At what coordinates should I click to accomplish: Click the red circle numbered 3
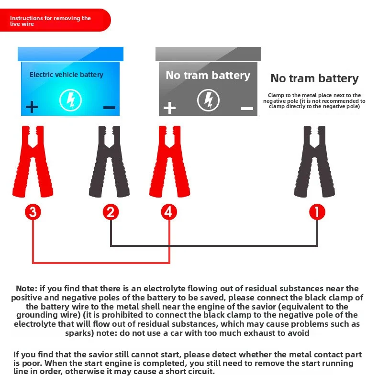33,212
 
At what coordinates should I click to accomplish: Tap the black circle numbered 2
111,212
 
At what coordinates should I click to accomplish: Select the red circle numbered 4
168,212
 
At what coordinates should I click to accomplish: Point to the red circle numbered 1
317,212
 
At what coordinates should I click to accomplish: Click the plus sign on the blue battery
32,106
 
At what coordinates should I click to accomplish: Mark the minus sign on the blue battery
109,107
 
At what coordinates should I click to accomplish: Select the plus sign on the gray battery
169,108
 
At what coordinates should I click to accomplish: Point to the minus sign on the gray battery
247,109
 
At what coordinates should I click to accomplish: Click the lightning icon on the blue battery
70,100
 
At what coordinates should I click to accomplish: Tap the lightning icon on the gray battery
208,100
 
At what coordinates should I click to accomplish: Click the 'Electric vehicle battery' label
67,75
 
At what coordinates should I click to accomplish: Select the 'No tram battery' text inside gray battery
208,75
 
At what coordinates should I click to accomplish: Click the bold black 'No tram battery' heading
314,78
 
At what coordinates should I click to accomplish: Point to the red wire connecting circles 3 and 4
100,263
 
